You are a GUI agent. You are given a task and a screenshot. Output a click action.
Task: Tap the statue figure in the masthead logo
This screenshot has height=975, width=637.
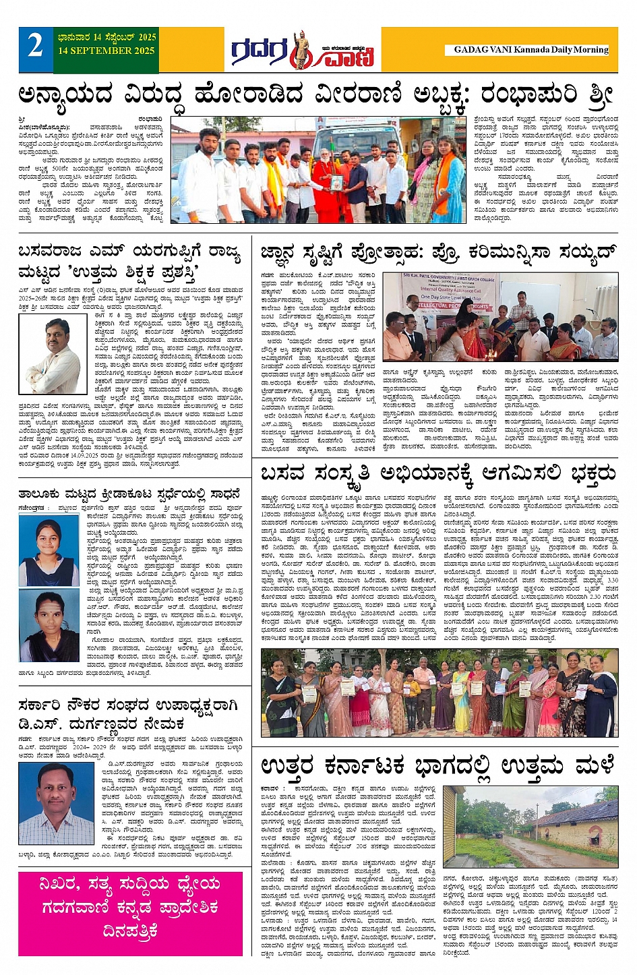301,49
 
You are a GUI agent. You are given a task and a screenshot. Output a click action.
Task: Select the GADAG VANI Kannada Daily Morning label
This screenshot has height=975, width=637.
530,49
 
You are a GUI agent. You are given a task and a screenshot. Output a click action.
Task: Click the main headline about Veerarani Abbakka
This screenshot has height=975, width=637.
317,94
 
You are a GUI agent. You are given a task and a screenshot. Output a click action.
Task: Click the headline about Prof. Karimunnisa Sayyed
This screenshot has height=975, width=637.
438,254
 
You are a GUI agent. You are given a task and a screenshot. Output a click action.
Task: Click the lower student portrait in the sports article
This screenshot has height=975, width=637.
49,626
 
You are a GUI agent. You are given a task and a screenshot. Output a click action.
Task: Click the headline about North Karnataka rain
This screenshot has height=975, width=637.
438,766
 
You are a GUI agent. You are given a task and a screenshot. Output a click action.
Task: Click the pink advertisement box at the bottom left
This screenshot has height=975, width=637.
130,913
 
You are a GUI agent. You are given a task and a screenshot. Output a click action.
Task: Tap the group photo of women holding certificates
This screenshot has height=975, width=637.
439,693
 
